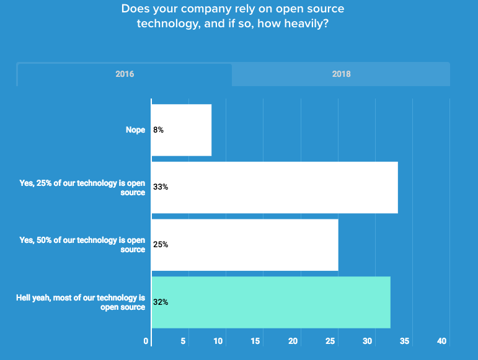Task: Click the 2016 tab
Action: click(125, 74)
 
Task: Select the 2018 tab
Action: click(341, 74)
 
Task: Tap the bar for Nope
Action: click(181, 130)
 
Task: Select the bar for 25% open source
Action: click(274, 187)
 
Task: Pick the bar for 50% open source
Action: click(244, 245)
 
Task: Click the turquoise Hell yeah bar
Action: click(270, 302)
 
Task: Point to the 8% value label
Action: click(158, 130)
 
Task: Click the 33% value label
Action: click(161, 187)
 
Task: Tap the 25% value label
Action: click(161, 245)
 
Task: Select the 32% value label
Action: click(161, 302)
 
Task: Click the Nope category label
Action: click(135, 130)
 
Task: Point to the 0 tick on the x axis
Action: click(146, 341)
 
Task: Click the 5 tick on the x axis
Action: click(184, 341)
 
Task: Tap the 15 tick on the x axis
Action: click(255, 341)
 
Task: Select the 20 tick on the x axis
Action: click(293, 341)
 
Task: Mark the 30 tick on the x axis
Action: click(368, 341)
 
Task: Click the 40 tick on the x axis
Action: click(442, 341)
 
